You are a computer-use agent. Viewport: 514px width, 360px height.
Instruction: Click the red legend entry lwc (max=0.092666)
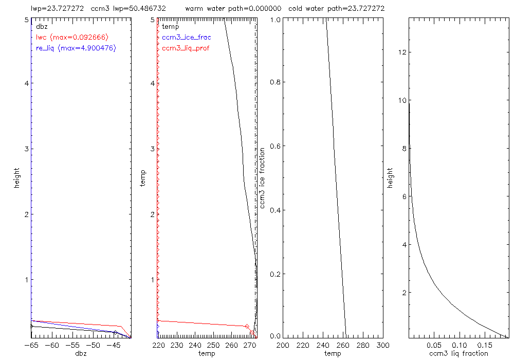click(x=72, y=37)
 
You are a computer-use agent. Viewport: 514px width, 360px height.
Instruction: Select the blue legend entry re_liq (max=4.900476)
click(x=76, y=48)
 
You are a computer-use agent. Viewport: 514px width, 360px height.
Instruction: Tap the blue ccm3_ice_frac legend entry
click(x=186, y=38)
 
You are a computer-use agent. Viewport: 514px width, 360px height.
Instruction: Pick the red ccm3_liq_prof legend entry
click(x=186, y=48)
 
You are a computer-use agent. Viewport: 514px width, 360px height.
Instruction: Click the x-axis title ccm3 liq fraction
click(x=458, y=353)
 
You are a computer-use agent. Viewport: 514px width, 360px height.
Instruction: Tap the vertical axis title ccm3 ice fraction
click(x=263, y=177)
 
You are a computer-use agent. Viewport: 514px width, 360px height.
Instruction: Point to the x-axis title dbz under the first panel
click(x=81, y=353)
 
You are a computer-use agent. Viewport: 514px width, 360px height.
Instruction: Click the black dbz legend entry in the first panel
click(x=42, y=26)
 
